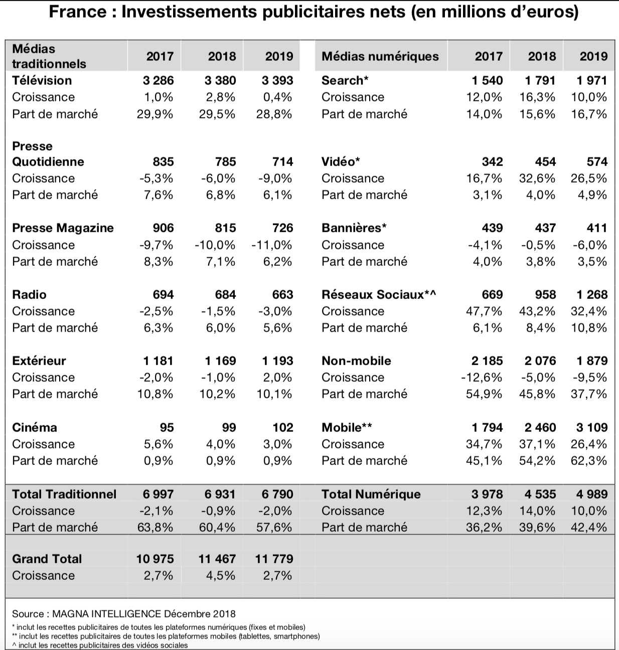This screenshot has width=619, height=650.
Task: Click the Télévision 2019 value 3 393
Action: tap(277, 80)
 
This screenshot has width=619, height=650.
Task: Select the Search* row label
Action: tap(345, 80)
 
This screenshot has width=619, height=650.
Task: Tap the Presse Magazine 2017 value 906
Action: tap(163, 228)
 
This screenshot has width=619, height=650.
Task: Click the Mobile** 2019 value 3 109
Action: tap(591, 427)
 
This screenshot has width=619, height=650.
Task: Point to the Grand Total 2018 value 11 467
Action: tap(217, 559)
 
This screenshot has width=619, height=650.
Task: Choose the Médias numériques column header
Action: tap(380, 56)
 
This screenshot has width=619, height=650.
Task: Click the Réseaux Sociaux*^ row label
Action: tap(379, 294)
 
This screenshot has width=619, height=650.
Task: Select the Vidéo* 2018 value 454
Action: tap(545, 161)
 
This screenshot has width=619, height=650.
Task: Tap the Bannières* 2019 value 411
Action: tap(597, 228)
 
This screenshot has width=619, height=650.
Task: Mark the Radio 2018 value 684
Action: tap(225, 294)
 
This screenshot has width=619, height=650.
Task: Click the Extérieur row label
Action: tap(39, 361)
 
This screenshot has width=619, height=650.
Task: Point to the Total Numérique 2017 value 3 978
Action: tap(487, 495)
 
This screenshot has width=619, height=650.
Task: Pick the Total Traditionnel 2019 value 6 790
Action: tap(277, 495)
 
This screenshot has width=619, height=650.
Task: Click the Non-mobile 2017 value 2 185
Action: tap(487, 361)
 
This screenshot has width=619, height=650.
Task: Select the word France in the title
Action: tap(78, 12)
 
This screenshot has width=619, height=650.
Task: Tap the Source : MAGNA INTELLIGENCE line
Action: tap(124, 614)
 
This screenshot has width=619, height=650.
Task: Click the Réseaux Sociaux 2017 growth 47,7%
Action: tap(484, 311)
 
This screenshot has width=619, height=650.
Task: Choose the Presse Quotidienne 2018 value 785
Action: tap(225, 161)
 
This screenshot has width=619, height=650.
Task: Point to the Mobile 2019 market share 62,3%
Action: tap(589, 460)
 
